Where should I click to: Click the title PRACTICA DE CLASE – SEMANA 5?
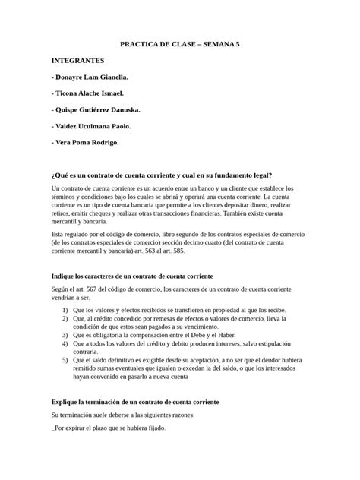point(180,45)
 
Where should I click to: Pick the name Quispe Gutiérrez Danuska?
point(96,109)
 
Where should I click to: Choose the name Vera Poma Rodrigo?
point(85,142)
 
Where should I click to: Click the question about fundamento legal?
point(160,174)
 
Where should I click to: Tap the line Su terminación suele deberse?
point(122,415)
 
